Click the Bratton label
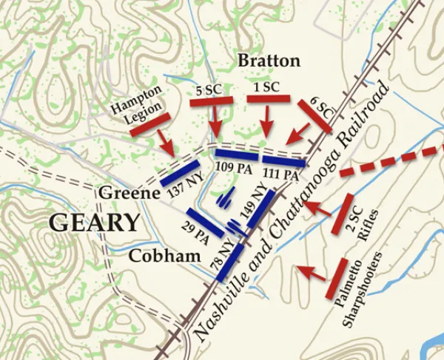pos(269,61)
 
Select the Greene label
pos(129,194)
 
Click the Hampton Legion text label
pos(136,107)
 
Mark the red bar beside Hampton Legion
pos(149,124)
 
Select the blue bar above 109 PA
pos(237,155)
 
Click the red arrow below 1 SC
pos(266,118)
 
